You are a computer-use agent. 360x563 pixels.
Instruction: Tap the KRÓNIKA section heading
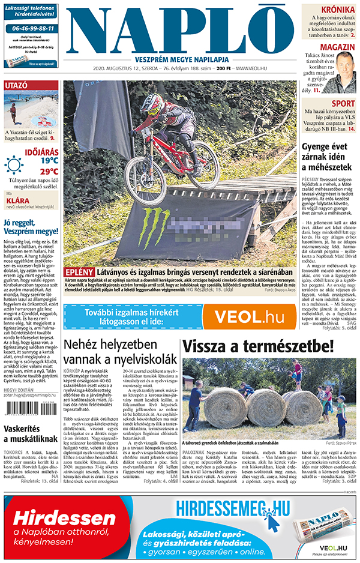click(337, 10)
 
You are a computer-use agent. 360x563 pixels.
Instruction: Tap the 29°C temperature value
click(49, 171)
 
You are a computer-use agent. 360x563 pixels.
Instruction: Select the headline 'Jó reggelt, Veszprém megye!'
click(31, 227)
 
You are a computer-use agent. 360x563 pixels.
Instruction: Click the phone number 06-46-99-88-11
click(31, 28)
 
